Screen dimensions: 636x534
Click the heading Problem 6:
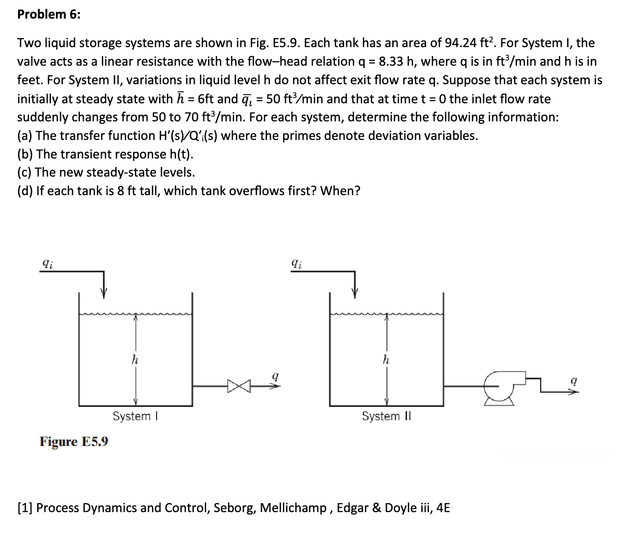[x=49, y=14]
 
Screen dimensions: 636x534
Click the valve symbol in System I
[x=238, y=386]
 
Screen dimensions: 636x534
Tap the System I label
[x=135, y=416]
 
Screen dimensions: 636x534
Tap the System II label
[x=386, y=416]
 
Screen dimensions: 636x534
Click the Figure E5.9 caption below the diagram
[x=74, y=442]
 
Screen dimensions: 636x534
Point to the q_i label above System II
[x=297, y=263]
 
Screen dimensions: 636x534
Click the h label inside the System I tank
[x=135, y=360]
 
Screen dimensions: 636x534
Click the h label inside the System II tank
[x=386, y=360]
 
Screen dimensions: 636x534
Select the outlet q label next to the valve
[x=275, y=376]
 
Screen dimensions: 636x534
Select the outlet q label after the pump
[x=574, y=381]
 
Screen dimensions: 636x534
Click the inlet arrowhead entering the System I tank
[x=104, y=293]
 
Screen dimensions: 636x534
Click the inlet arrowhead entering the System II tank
[x=354, y=293]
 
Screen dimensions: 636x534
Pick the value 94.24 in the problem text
[x=460, y=43]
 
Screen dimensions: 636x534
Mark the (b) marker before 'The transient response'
[x=25, y=154]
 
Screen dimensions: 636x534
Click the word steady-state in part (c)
[x=125, y=172]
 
